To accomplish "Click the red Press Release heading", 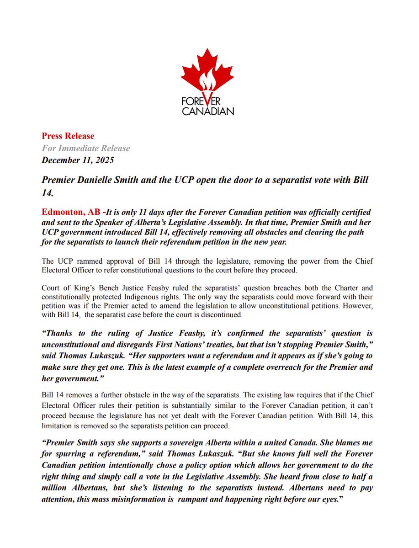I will coord(68,136).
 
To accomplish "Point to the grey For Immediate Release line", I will coord(86,148).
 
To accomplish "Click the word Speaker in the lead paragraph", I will coord(139,223).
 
